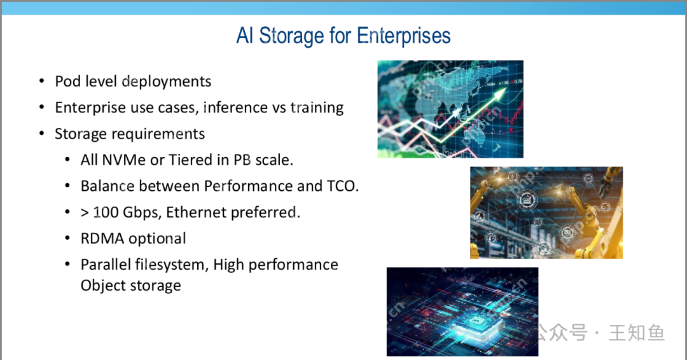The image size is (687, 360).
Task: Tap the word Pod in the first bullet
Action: pyautogui.click(x=67, y=81)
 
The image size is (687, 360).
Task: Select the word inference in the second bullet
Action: pyautogui.click(x=236, y=107)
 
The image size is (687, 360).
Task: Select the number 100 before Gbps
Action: pyautogui.click(x=106, y=212)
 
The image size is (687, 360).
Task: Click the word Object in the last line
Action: pyautogui.click(x=102, y=286)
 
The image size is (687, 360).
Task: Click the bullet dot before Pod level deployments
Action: pyautogui.click(x=41, y=81)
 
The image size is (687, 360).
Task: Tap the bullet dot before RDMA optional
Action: pyautogui.click(x=67, y=239)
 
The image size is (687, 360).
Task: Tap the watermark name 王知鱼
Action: pyautogui.click(x=636, y=333)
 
